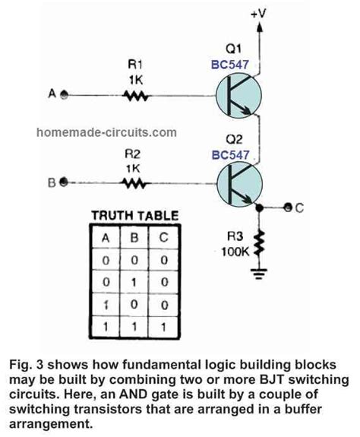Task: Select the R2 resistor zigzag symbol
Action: coord(134,182)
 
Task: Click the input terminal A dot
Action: coord(64,96)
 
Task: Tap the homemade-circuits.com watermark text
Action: coord(106,132)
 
